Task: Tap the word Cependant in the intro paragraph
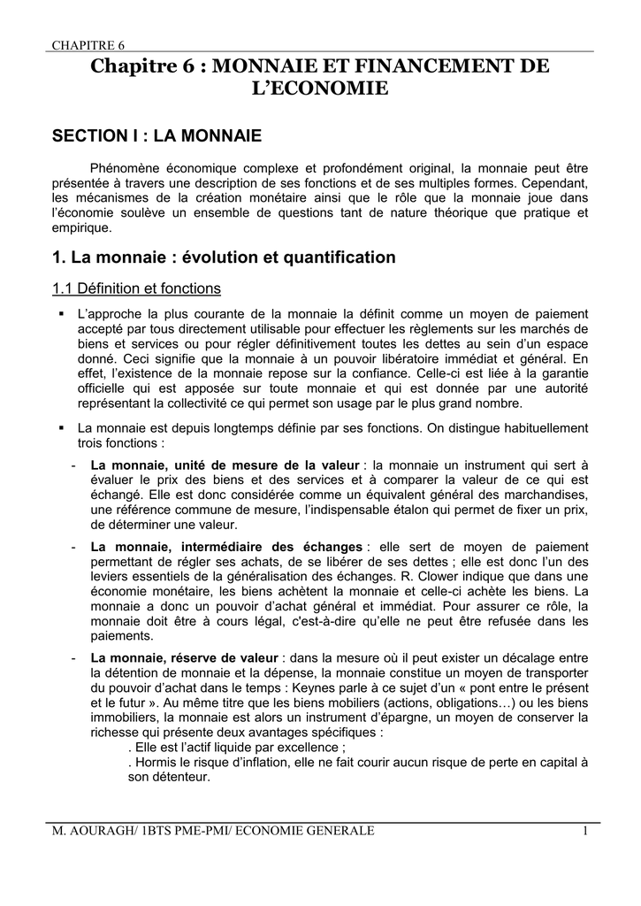click(553, 183)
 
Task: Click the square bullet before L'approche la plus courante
click(61, 314)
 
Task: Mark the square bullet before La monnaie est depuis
click(61, 427)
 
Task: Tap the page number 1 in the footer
click(585, 830)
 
